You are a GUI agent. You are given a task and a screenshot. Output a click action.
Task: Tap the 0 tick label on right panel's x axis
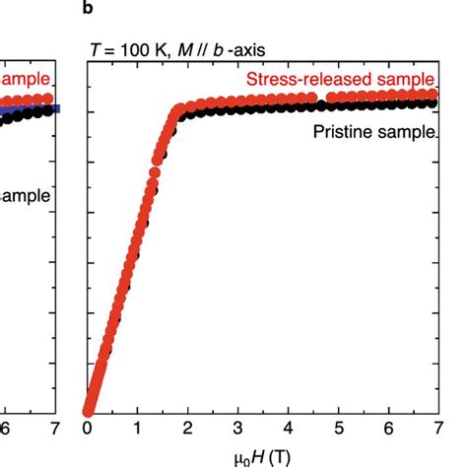pyautogui.click(x=87, y=430)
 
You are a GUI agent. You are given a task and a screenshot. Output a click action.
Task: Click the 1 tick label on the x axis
pyautogui.click(x=137, y=430)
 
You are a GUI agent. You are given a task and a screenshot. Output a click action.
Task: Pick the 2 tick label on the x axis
pyautogui.click(x=186, y=430)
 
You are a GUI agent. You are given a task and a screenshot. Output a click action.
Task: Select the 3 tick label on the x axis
pyautogui.click(x=236, y=430)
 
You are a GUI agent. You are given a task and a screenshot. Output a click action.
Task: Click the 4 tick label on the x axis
pyautogui.click(x=287, y=430)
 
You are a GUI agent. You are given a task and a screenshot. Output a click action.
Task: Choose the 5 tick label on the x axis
pyautogui.click(x=336, y=430)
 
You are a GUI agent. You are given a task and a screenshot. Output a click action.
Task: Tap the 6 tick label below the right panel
pyautogui.click(x=386, y=430)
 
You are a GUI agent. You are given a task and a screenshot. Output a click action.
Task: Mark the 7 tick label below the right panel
pyautogui.click(x=435, y=430)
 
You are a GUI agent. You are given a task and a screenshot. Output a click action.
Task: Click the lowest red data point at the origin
pyautogui.click(x=88, y=411)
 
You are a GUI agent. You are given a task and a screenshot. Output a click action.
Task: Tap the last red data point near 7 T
pyautogui.click(x=432, y=96)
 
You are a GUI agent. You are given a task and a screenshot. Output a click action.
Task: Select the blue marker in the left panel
pyautogui.click(x=55, y=108)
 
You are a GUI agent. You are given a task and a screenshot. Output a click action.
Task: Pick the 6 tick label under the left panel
pyautogui.click(x=6, y=430)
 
